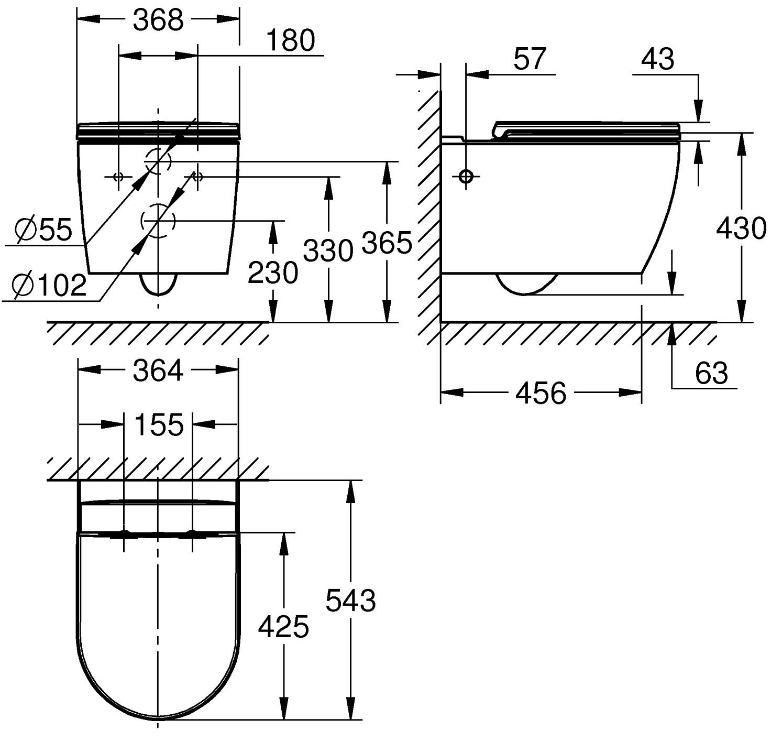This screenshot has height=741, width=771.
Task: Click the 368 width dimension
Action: click(x=158, y=20)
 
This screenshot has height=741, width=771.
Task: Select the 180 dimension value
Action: click(x=291, y=40)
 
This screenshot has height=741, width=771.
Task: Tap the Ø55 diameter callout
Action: click(x=44, y=230)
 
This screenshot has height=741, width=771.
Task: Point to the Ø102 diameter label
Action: click(x=50, y=286)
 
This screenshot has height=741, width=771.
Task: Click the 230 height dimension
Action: click(x=272, y=273)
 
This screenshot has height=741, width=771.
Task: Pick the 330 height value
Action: click(x=328, y=250)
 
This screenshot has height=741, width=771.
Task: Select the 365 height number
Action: click(x=387, y=243)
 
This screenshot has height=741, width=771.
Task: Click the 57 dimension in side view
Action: click(x=530, y=58)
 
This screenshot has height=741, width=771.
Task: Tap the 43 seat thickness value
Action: click(x=658, y=59)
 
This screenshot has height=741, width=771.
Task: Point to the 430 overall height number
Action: click(x=741, y=228)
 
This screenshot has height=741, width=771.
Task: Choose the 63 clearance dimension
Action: click(x=711, y=373)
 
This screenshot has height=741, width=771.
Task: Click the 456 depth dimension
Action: click(x=541, y=393)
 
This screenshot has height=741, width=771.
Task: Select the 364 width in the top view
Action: click(x=158, y=371)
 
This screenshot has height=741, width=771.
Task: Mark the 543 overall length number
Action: click(x=350, y=600)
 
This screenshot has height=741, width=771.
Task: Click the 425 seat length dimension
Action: click(x=283, y=626)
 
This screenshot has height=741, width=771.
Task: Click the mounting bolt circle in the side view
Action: click(x=466, y=177)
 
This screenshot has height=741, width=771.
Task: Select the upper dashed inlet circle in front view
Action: click(x=159, y=161)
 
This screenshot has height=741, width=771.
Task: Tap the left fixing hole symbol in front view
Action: click(x=118, y=177)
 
